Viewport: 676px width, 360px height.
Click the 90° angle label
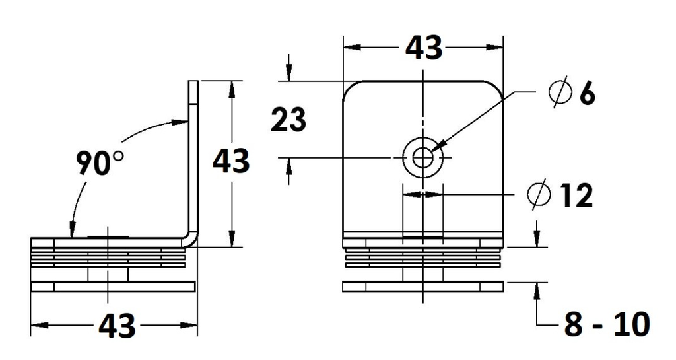point(100,163)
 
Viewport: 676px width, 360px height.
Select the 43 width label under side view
point(117,326)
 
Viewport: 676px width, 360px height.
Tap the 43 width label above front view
point(423,48)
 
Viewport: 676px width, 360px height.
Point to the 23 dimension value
point(288,120)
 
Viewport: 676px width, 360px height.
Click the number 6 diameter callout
point(586,94)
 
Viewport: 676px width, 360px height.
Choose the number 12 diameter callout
point(576,196)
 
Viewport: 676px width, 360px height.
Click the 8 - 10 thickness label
point(607,324)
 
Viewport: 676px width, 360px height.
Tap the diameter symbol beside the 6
point(559,93)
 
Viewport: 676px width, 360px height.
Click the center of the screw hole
point(422,158)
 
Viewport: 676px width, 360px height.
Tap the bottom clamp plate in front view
point(423,287)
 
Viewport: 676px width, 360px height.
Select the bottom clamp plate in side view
point(114,287)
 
